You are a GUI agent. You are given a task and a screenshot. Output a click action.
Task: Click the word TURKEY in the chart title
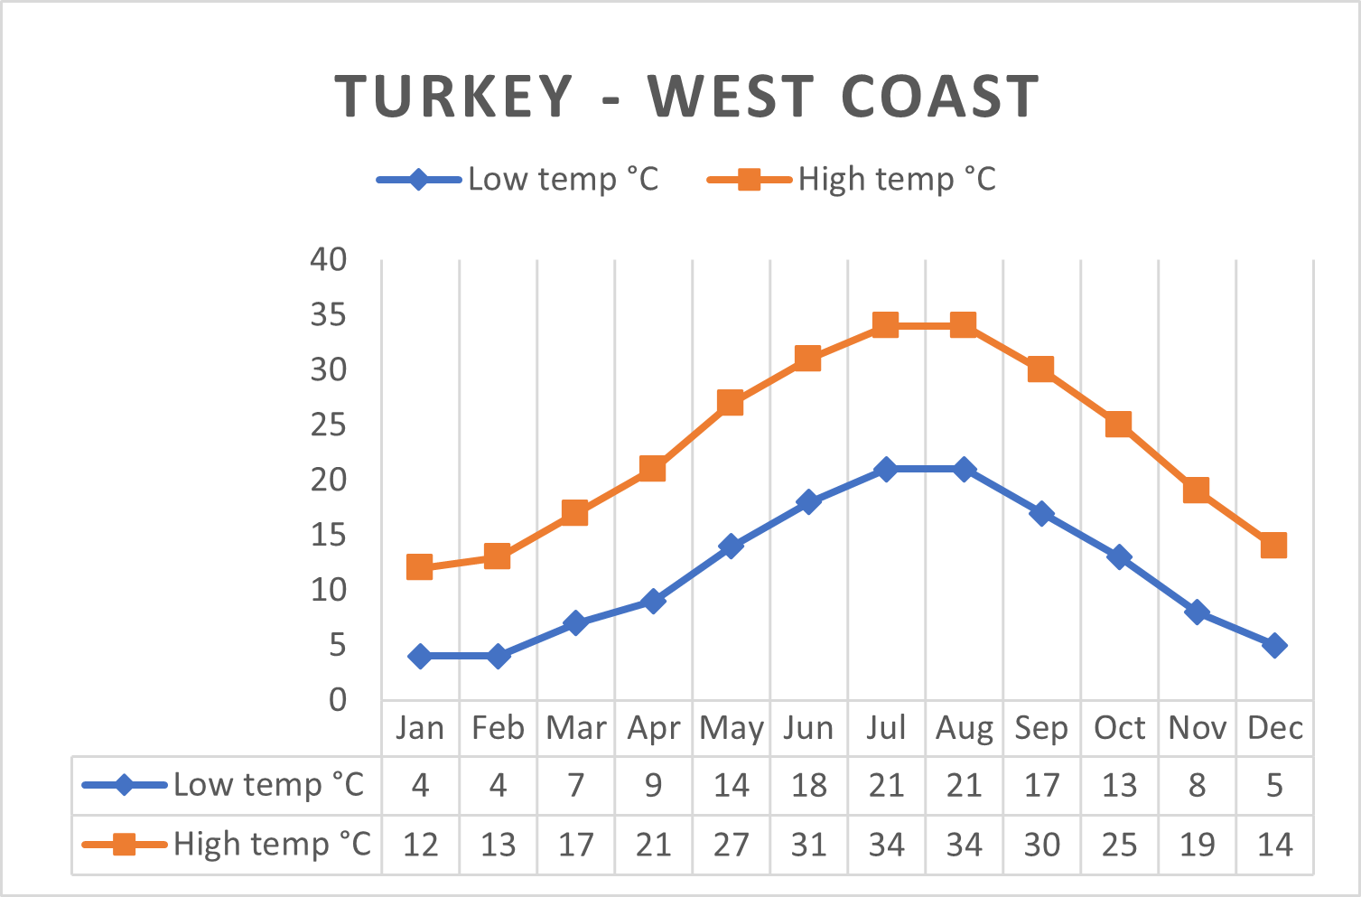click(x=453, y=96)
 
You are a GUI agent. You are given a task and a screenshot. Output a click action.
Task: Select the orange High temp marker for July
click(x=885, y=325)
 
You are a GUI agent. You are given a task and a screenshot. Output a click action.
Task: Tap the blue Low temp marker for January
click(x=420, y=656)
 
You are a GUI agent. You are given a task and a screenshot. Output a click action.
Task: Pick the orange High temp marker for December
click(x=1273, y=545)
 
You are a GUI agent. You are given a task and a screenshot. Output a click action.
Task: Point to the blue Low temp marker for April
click(x=653, y=601)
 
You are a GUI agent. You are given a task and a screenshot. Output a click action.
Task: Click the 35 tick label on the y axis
click(x=328, y=314)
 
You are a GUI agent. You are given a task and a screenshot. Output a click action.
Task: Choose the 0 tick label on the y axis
click(x=338, y=700)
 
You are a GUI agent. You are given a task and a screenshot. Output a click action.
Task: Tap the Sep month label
click(x=1040, y=728)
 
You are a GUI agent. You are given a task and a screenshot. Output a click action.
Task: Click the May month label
click(x=731, y=728)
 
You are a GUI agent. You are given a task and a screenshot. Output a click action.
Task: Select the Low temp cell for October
click(x=1119, y=785)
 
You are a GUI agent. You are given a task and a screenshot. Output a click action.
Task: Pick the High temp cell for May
click(x=731, y=845)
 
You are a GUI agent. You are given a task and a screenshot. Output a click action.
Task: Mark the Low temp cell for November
click(x=1197, y=785)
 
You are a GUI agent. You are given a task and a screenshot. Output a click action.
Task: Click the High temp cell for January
click(x=421, y=845)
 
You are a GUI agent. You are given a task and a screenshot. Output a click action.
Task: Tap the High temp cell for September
click(x=1041, y=845)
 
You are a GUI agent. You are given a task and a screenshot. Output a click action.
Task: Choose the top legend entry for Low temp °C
click(x=517, y=179)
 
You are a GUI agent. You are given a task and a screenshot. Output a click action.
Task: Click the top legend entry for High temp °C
click(x=852, y=179)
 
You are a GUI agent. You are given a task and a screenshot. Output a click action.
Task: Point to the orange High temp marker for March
click(x=574, y=513)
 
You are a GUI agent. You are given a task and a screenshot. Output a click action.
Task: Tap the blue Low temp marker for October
click(x=1119, y=557)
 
